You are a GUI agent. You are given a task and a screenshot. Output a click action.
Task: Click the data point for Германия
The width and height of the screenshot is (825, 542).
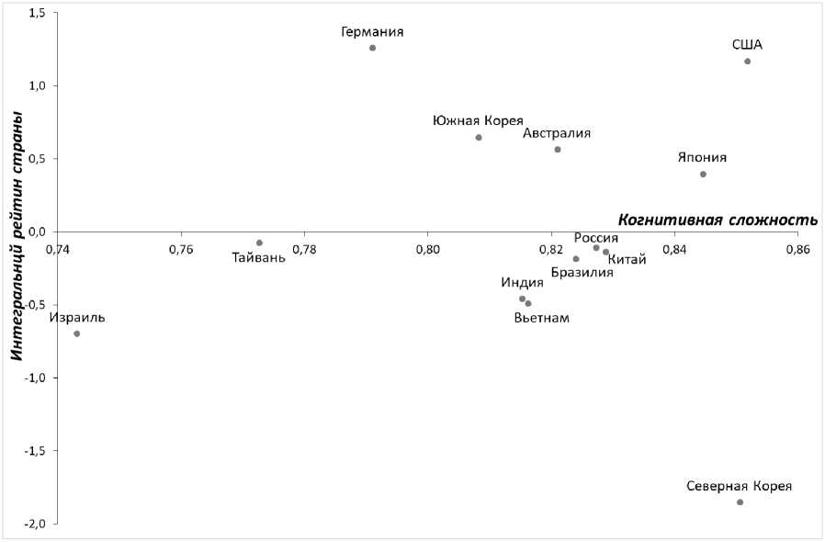[372, 48]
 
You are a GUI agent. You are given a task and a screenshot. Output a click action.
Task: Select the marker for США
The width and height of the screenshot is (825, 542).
[748, 62]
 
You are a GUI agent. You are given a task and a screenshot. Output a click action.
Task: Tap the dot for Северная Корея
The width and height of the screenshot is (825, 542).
[740, 502]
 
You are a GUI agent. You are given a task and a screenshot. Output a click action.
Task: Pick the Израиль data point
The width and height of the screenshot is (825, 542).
[77, 333]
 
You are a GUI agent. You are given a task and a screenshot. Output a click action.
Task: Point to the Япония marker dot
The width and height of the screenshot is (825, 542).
[703, 175]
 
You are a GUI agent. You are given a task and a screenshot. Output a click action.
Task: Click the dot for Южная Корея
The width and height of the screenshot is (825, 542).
[479, 138]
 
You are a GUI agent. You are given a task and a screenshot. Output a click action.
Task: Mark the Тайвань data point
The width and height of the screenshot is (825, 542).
[260, 243]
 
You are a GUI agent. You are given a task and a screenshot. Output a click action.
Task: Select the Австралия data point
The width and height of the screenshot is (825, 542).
[558, 150]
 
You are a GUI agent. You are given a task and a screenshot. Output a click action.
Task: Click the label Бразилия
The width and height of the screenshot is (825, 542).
[582, 273]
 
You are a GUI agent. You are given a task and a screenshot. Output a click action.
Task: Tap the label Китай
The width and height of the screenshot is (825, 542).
[627, 259]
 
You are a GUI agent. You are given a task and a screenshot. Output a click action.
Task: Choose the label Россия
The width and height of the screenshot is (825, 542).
[595, 238]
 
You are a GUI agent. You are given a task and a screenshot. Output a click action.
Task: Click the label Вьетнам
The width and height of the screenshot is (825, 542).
[542, 318]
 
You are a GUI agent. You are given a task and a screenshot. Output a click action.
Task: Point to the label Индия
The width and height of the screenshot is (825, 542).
[523, 283]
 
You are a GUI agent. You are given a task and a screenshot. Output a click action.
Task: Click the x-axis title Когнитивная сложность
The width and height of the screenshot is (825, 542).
[718, 220]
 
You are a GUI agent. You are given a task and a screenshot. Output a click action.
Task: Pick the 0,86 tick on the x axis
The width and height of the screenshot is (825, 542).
[797, 249]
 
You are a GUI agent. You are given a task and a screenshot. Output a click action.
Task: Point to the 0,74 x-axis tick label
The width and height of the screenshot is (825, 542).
[57, 249]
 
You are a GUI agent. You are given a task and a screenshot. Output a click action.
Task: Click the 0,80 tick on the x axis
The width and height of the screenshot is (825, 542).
[427, 249]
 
